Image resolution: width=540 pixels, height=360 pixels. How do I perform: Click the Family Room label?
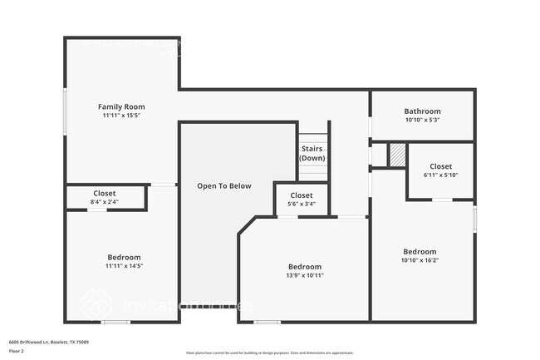pos(121,106)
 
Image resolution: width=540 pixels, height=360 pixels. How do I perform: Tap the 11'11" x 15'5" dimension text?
pos(121,116)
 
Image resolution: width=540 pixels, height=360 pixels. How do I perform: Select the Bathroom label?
pos(422,111)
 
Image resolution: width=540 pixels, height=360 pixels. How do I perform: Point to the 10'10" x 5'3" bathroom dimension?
pos(422,120)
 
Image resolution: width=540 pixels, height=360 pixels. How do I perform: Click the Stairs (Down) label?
pos(312,153)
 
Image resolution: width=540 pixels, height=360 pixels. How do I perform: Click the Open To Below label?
pos(223,185)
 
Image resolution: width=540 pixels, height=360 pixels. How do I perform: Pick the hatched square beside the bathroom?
pos(397,155)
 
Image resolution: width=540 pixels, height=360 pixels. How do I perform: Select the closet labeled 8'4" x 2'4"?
pos(105,197)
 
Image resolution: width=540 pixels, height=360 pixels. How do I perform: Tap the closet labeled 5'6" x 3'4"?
pos(301,200)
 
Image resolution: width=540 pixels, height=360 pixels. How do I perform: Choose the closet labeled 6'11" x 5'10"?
pos(440,170)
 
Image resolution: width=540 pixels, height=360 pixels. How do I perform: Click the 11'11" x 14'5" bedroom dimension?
pos(124,266)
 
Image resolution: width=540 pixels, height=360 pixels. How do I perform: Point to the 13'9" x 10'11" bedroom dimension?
pos(305,275)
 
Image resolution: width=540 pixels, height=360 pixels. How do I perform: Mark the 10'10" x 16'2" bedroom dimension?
pos(420,260)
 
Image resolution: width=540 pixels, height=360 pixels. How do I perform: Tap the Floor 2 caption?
pos(17,351)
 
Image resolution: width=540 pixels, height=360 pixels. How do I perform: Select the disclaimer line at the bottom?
pos(270,353)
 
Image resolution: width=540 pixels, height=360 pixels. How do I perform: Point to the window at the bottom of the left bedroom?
pos(115,322)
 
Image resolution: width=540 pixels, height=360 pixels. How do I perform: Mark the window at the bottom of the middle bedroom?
pos(267,322)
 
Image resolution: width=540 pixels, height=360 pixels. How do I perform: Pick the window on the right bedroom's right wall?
pos(474,219)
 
